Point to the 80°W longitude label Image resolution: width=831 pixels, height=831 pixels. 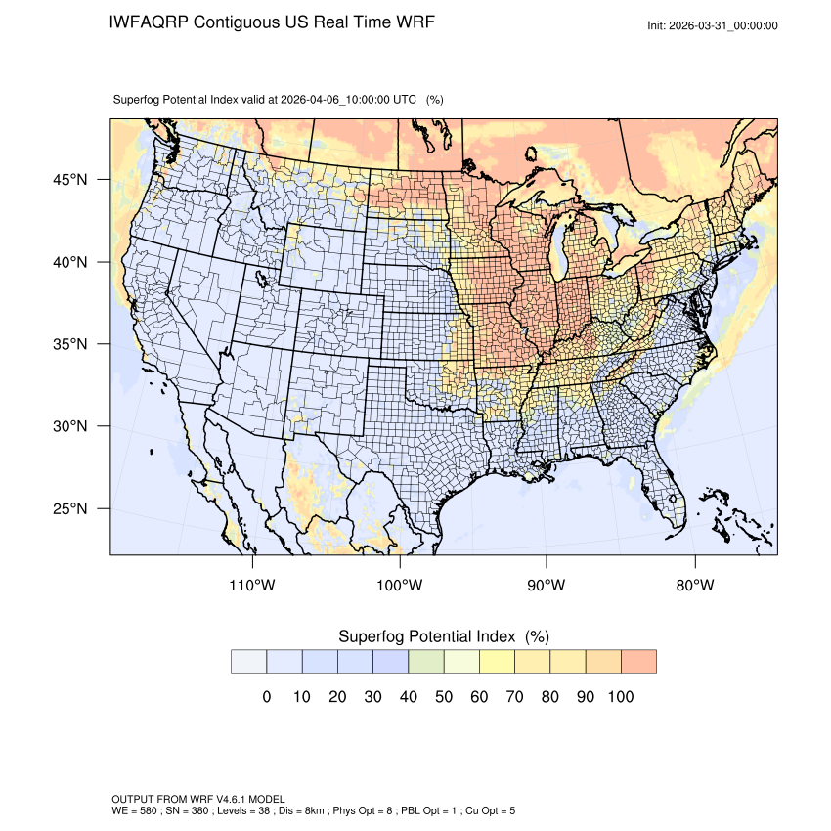pos(695,586)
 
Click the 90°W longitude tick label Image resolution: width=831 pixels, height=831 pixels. pos(547,586)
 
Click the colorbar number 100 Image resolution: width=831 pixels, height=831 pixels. pos(620,697)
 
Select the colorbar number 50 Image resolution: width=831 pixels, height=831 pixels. pos(443,697)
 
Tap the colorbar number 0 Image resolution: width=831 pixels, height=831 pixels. pos(266,697)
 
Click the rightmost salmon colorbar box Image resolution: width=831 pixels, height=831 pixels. pos(638,662)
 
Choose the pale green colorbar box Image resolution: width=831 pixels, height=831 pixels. pos(426,662)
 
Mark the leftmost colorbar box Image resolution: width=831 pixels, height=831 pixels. pos(249,662)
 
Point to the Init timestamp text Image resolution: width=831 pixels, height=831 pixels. pos(713,26)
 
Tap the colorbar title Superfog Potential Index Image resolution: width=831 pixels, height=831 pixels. pos(426,636)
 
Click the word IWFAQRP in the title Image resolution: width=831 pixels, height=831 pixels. pos(149,22)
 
